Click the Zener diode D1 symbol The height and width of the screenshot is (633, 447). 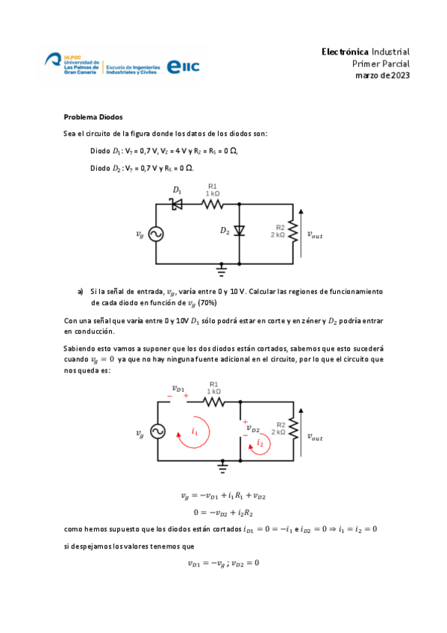tap(178, 203)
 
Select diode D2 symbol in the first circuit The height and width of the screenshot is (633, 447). tap(240, 231)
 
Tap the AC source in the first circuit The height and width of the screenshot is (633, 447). tap(156, 234)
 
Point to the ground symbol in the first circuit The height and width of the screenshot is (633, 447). tap(222, 269)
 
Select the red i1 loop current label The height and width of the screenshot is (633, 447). tap(195, 430)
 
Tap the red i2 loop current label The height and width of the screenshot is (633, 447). tap(260, 443)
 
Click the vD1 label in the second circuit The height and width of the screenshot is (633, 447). tap(180, 388)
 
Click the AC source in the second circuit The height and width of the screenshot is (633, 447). tap(157, 432)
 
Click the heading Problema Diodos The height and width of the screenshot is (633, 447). tap(93, 117)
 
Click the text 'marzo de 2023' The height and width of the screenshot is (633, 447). tap(381, 75)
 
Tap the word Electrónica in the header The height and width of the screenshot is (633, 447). tap(344, 52)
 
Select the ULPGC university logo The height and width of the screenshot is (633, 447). tap(72, 64)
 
